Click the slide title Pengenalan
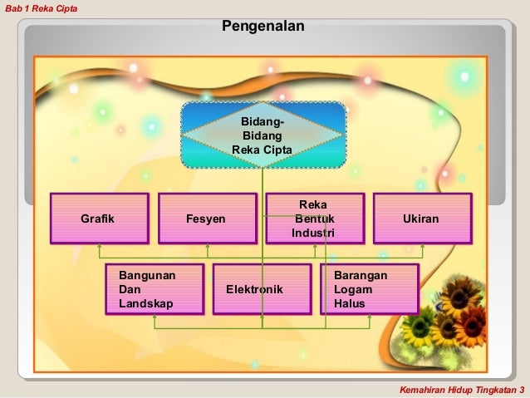click(263, 27)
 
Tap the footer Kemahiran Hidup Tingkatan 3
click(462, 390)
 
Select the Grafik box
click(100, 219)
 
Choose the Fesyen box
click(207, 219)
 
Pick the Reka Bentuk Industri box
click(315, 219)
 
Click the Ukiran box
click(422, 219)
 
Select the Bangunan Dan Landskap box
click(155, 289)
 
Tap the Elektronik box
click(262, 289)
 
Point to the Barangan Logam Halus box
click(369, 289)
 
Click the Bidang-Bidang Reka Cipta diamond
click(263, 135)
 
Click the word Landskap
click(146, 304)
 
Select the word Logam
click(353, 289)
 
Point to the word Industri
click(313, 233)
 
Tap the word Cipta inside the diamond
click(277, 150)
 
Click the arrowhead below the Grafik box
click(100, 247)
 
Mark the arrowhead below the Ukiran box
click(422, 247)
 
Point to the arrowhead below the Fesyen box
click(207, 247)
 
